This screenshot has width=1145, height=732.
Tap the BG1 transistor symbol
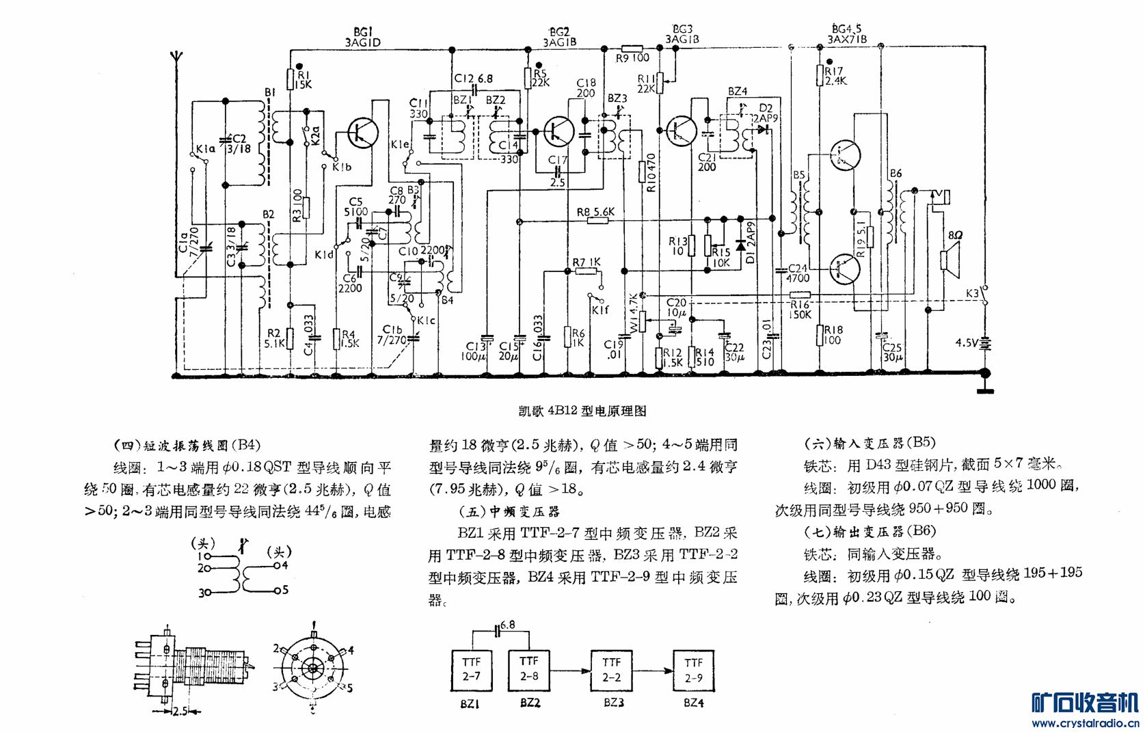click(x=363, y=133)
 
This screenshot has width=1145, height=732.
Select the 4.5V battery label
click(x=967, y=342)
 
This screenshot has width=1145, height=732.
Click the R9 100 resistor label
click(x=632, y=58)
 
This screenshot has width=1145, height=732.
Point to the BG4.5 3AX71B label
click(x=847, y=34)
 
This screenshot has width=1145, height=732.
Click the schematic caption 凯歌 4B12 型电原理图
click(x=582, y=411)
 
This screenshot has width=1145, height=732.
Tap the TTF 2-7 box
click(x=471, y=669)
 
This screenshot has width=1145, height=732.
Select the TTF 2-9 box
click(x=693, y=670)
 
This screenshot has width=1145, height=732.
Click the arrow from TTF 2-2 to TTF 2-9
click(x=654, y=670)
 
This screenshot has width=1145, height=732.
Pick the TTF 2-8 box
click(x=529, y=669)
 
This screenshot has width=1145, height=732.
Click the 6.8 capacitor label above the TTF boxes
click(x=508, y=625)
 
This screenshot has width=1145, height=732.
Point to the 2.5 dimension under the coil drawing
click(x=179, y=711)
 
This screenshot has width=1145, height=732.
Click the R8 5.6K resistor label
click(x=595, y=213)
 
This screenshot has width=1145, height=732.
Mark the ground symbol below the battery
click(x=985, y=390)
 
